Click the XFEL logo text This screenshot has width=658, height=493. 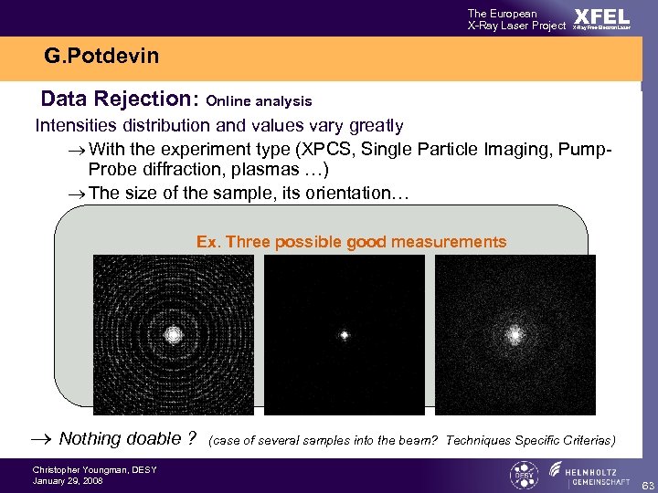point(600,16)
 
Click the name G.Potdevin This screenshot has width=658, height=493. point(101,57)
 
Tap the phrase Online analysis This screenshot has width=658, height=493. point(260,101)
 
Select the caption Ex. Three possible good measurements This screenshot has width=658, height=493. point(351,242)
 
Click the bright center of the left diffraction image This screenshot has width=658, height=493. point(173,334)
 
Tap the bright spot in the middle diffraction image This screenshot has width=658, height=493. point(345,335)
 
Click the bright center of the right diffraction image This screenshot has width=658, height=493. point(515,335)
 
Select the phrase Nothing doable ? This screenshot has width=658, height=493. point(127,439)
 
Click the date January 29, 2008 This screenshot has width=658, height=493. point(68,480)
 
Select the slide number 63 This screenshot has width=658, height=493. point(646,483)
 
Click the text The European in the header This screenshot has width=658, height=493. point(502,13)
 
